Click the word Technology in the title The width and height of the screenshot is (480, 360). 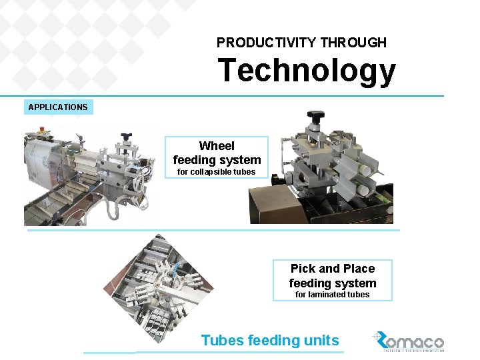(306, 71)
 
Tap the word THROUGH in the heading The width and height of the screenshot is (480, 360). (353, 43)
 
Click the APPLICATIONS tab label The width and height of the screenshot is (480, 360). (58, 107)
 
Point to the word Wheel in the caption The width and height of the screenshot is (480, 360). (217, 146)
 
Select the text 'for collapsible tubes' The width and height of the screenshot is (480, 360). (216, 172)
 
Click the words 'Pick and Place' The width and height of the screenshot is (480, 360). (332, 269)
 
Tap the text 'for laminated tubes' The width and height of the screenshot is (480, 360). (332, 294)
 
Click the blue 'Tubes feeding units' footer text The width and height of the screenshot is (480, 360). (270, 340)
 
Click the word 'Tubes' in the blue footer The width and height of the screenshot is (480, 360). (222, 340)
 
